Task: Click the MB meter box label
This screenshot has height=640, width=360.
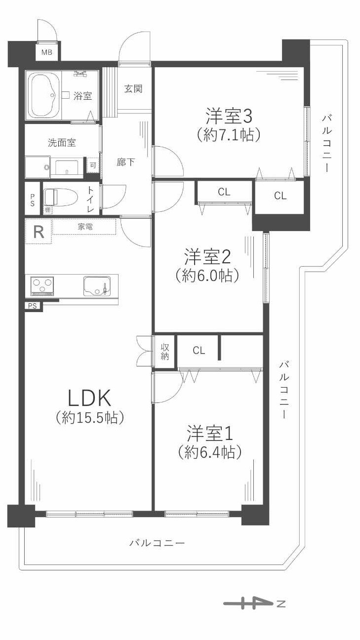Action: [x=46, y=52]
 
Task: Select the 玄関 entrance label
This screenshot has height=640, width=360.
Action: [x=133, y=89]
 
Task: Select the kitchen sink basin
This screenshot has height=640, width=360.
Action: [x=97, y=286]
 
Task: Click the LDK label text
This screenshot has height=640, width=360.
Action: [x=90, y=397]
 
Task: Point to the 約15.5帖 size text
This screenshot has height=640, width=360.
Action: [x=90, y=418]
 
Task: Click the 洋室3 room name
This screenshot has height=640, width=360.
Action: [x=229, y=117]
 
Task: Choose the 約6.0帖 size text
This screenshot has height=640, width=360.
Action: [x=207, y=275]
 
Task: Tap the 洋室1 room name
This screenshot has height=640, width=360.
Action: [x=209, y=434]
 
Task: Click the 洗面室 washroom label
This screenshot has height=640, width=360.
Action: [x=62, y=143]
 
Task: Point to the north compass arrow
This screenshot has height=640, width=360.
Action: [x=254, y=603]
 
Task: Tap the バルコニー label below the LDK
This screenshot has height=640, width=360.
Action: [x=157, y=543]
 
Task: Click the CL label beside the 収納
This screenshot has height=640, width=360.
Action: [x=199, y=351]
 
